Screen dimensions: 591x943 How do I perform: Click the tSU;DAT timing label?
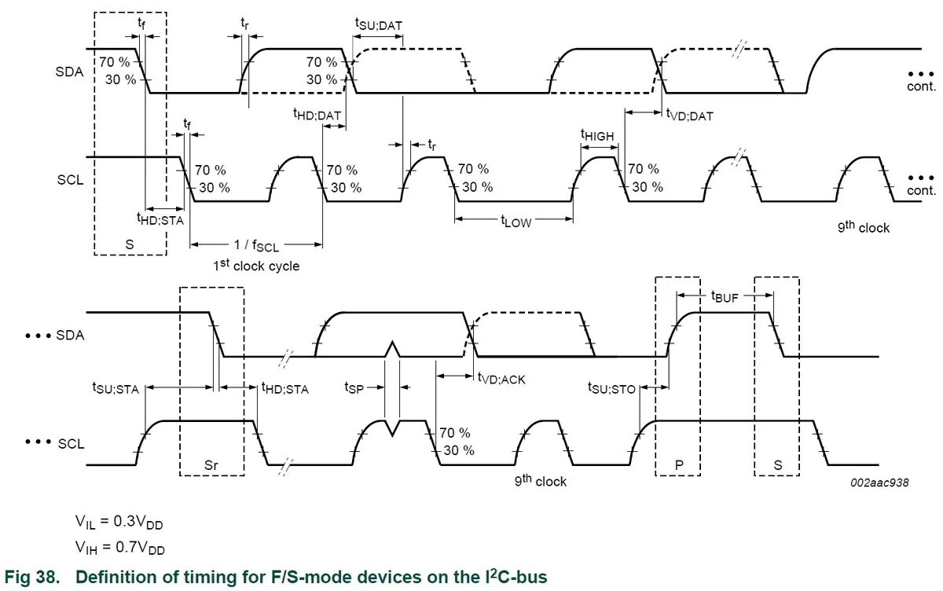[379, 24]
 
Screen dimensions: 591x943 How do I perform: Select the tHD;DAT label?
[317, 115]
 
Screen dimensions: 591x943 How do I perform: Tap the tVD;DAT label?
[689, 116]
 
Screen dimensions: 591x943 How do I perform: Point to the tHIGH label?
[597, 136]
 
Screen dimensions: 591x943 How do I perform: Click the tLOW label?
[516, 222]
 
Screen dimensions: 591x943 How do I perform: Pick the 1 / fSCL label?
[255, 245]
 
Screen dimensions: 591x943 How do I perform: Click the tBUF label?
[725, 296]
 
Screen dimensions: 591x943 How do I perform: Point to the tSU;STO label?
[611, 387]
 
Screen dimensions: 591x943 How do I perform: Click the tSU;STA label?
[116, 387]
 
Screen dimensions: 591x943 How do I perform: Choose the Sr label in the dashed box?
[211, 464]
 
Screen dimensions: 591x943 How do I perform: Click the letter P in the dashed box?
[677, 464]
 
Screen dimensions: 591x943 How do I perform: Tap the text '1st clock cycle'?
[256, 266]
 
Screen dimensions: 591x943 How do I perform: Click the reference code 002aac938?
[879, 483]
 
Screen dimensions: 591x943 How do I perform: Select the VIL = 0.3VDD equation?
[119, 522]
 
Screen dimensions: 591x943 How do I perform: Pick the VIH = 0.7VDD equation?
[119, 547]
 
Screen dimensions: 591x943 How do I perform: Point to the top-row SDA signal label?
[71, 72]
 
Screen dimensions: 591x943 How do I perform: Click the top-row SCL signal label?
[71, 180]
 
